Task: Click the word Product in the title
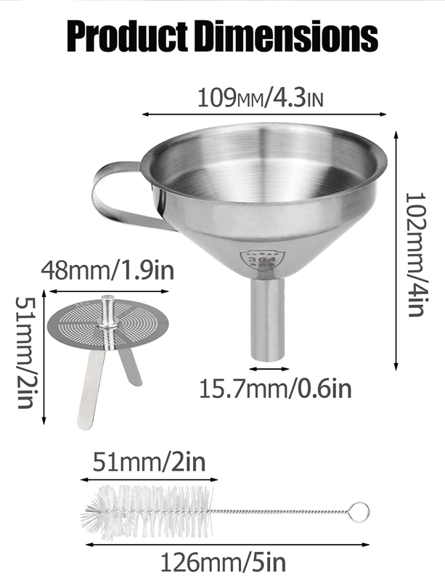click(128, 37)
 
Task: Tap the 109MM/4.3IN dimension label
click(261, 98)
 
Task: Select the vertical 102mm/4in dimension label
click(416, 254)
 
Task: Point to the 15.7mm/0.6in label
click(275, 389)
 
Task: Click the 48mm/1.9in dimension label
click(107, 271)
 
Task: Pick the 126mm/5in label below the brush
click(224, 562)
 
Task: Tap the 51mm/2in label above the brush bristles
click(149, 462)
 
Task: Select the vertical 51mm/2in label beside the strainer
click(25, 352)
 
